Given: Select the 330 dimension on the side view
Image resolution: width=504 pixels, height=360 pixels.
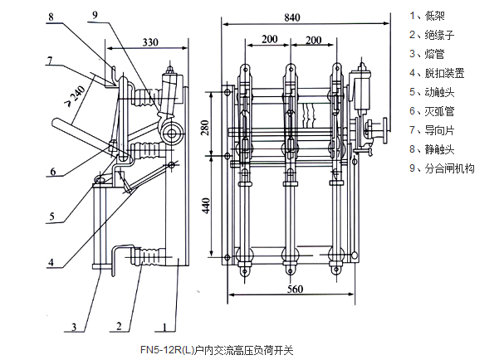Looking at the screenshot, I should (150, 41).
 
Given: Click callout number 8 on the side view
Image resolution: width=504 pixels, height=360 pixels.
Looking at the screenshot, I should (51, 15).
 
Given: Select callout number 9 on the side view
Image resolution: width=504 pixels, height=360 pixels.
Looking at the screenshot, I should (94, 15).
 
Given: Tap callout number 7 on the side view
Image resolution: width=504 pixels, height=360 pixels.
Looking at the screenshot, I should (51, 60).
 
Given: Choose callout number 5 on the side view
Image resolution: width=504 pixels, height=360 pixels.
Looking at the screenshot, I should (51, 218).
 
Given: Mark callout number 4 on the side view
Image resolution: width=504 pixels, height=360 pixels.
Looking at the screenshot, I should (51, 263).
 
